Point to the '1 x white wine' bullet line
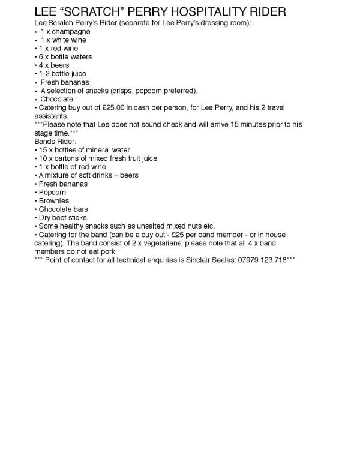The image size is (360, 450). tap(63, 40)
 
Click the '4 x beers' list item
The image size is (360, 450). tap(53, 65)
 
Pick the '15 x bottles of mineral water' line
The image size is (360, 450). tap(84, 149)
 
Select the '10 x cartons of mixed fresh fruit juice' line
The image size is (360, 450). tap(98, 158)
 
